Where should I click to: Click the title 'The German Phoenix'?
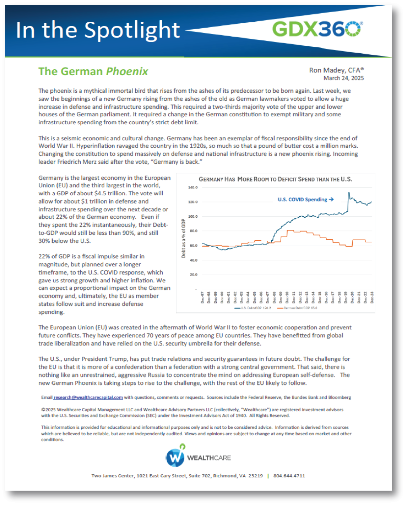click(x=93, y=71)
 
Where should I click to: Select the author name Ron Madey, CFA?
click(x=336, y=70)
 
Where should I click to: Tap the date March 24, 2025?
click(x=343, y=78)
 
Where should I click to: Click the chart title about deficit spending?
click(x=275, y=179)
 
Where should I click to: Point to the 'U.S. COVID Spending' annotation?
click(x=305, y=200)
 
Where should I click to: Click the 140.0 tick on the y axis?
click(x=193, y=187)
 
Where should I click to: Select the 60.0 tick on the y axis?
click(x=193, y=246)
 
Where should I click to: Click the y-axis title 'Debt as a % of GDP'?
click(x=183, y=238)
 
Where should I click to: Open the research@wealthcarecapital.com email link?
click(x=88, y=397)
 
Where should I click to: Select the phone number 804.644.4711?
click(x=289, y=476)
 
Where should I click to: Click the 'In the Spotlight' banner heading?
click(x=98, y=30)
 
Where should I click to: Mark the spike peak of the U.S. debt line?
click(x=349, y=193)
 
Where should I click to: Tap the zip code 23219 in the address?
click(x=256, y=476)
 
